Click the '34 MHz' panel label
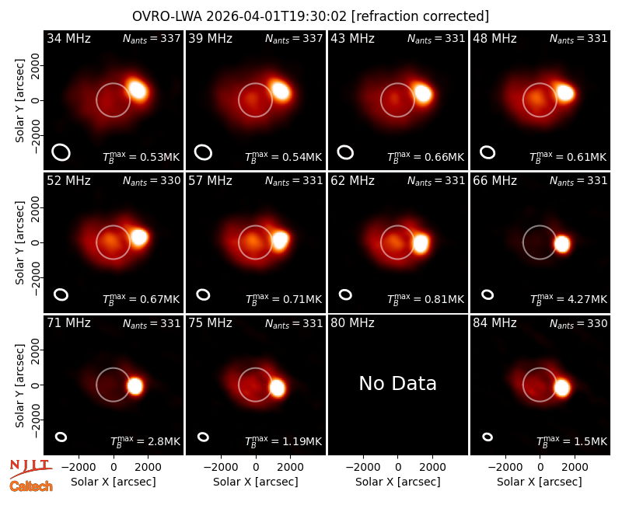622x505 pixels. point(68,38)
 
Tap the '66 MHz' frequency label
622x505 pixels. point(494,181)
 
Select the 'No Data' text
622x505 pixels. point(397,383)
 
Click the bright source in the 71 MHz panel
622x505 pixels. point(135,385)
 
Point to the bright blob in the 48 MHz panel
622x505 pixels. point(565,93)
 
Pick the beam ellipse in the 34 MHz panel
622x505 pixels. point(61,152)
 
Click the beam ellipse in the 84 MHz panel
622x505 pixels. point(487,437)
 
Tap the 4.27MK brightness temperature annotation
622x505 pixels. point(568,298)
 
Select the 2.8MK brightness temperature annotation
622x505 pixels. point(145,441)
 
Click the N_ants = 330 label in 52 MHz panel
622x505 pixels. point(152,181)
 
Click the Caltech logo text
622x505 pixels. point(31,486)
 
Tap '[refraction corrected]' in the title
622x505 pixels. point(420,16)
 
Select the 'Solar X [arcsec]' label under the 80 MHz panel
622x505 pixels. point(397,482)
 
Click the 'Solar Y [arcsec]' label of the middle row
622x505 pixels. point(20,242)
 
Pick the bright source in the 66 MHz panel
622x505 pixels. point(562,244)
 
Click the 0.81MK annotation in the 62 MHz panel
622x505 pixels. point(426,298)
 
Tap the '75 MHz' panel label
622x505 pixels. point(210,323)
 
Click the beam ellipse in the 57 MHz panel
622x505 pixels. point(203,294)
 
